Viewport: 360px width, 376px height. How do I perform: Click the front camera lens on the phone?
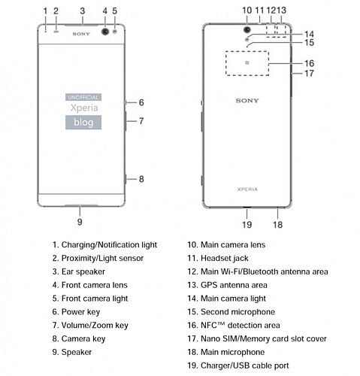pos(105,32)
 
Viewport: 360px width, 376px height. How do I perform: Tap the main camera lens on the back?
pos(247,29)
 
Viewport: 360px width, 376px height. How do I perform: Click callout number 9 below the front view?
pos(80,222)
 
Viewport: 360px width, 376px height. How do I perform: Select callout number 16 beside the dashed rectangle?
pos(309,63)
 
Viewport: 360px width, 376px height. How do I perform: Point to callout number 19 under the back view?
pos(247,224)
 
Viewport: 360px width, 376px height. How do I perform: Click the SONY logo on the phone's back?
pos(247,101)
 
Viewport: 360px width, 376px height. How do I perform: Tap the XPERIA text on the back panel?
pos(247,190)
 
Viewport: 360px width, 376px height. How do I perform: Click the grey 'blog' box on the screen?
pos(83,123)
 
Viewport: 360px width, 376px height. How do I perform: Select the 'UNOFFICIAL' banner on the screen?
pos(83,97)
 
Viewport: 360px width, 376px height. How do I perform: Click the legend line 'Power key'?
pos(76,312)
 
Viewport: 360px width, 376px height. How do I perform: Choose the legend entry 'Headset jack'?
pos(218,258)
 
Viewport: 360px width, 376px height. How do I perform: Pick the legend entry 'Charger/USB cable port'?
pos(238,365)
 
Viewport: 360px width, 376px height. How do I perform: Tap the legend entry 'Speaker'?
pos(72,352)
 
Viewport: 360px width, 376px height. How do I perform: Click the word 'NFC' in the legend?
pos(209,325)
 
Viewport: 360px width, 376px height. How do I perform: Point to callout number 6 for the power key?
pos(141,102)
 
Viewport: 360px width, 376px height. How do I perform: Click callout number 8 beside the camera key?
pos(141,179)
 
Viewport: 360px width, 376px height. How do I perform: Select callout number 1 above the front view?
pos(45,11)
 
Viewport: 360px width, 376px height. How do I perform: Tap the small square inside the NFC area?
pos(247,62)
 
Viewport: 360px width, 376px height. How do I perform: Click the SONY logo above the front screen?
pos(81,34)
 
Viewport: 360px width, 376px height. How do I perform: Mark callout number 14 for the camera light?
pos(309,34)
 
